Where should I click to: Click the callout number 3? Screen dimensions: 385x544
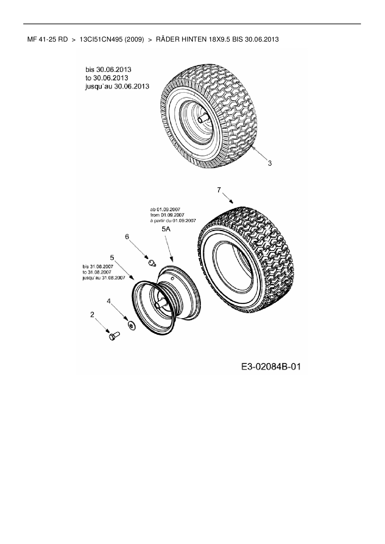pos(270,163)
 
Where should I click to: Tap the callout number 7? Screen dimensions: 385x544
pos(219,190)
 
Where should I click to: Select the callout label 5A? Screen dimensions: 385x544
pos(166,230)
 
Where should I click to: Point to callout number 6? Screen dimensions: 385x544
pos(127,237)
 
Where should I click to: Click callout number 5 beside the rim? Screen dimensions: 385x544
pos(112,257)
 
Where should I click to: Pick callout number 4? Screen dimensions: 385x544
pos(109,301)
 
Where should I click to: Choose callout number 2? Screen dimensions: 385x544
pos(92,314)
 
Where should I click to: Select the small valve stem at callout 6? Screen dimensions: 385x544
pos(152,263)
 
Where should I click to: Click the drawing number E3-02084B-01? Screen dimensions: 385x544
pos(271,367)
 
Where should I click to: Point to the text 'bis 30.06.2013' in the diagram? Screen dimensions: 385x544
pos(108,69)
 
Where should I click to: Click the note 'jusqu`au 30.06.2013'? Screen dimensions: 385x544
pos(117,86)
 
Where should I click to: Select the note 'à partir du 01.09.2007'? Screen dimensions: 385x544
pos(173,221)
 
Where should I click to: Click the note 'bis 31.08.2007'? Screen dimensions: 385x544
pos(98,266)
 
